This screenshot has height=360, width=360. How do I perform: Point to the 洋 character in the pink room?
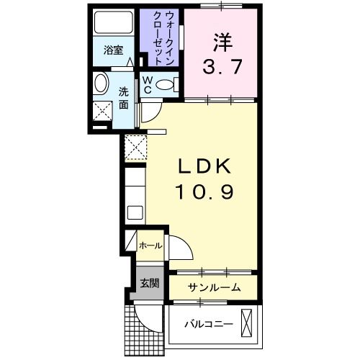pyautogui.click(x=220, y=41)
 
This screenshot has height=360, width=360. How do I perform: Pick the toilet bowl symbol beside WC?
pyautogui.click(x=166, y=86)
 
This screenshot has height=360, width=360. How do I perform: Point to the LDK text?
pyautogui.click(x=204, y=166)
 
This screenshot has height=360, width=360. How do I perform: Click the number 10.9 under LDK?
pyautogui.click(x=204, y=192)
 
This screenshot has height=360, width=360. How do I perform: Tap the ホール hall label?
pyautogui.click(x=150, y=246)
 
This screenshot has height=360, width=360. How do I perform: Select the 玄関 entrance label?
pyautogui.click(x=150, y=281)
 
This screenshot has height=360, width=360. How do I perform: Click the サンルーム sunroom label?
pyautogui.click(x=214, y=287)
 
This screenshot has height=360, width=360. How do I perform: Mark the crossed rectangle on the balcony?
pyautogui.click(x=247, y=323)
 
